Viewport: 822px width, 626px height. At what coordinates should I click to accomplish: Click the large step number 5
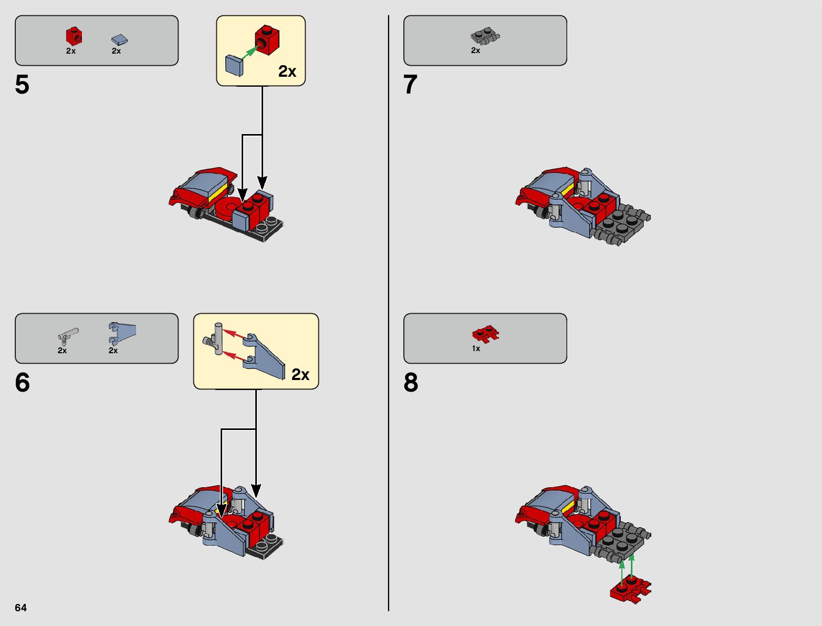click(x=22, y=85)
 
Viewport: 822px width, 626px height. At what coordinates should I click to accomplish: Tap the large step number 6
click(x=22, y=383)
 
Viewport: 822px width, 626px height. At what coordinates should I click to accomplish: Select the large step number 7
click(x=410, y=85)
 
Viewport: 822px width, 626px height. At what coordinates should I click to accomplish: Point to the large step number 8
click(x=411, y=383)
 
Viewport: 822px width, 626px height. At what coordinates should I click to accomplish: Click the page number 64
click(x=20, y=608)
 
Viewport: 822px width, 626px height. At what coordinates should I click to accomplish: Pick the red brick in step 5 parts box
click(x=74, y=36)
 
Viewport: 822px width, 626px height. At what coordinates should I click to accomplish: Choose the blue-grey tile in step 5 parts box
click(x=119, y=40)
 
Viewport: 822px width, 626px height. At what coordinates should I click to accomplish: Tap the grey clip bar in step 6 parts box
click(x=67, y=335)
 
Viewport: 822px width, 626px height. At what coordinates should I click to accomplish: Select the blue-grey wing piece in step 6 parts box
click(x=122, y=332)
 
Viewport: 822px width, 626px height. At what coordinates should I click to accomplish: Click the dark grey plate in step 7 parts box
click(x=485, y=37)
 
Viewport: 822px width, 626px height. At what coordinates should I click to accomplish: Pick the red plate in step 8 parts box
click(x=485, y=334)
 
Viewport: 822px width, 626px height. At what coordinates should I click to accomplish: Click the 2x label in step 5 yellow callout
click(x=287, y=71)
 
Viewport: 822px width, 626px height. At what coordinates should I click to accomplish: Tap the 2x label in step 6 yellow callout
click(x=300, y=374)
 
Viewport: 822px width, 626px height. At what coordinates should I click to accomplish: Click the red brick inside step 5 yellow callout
click(x=267, y=40)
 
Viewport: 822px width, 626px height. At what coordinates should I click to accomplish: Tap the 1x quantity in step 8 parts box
click(x=476, y=348)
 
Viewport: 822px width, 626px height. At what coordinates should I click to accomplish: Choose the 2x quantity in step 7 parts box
click(x=475, y=50)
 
